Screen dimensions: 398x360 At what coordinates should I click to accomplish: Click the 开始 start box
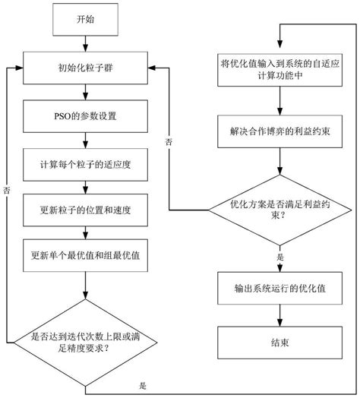(x=86, y=21)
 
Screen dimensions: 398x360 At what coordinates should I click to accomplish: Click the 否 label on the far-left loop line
(x=7, y=190)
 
